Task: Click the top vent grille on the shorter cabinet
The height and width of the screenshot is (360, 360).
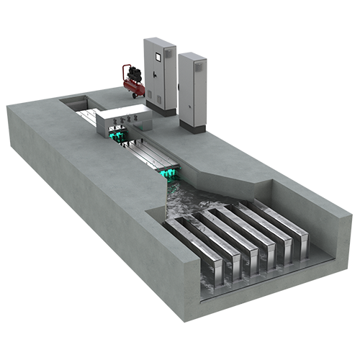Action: [x=198, y=66]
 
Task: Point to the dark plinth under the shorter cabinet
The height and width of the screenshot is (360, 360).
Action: [x=192, y=125]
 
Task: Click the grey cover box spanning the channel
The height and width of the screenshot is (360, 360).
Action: [x=122, y=120]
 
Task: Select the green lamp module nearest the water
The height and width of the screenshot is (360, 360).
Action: [x=170, y=173]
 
